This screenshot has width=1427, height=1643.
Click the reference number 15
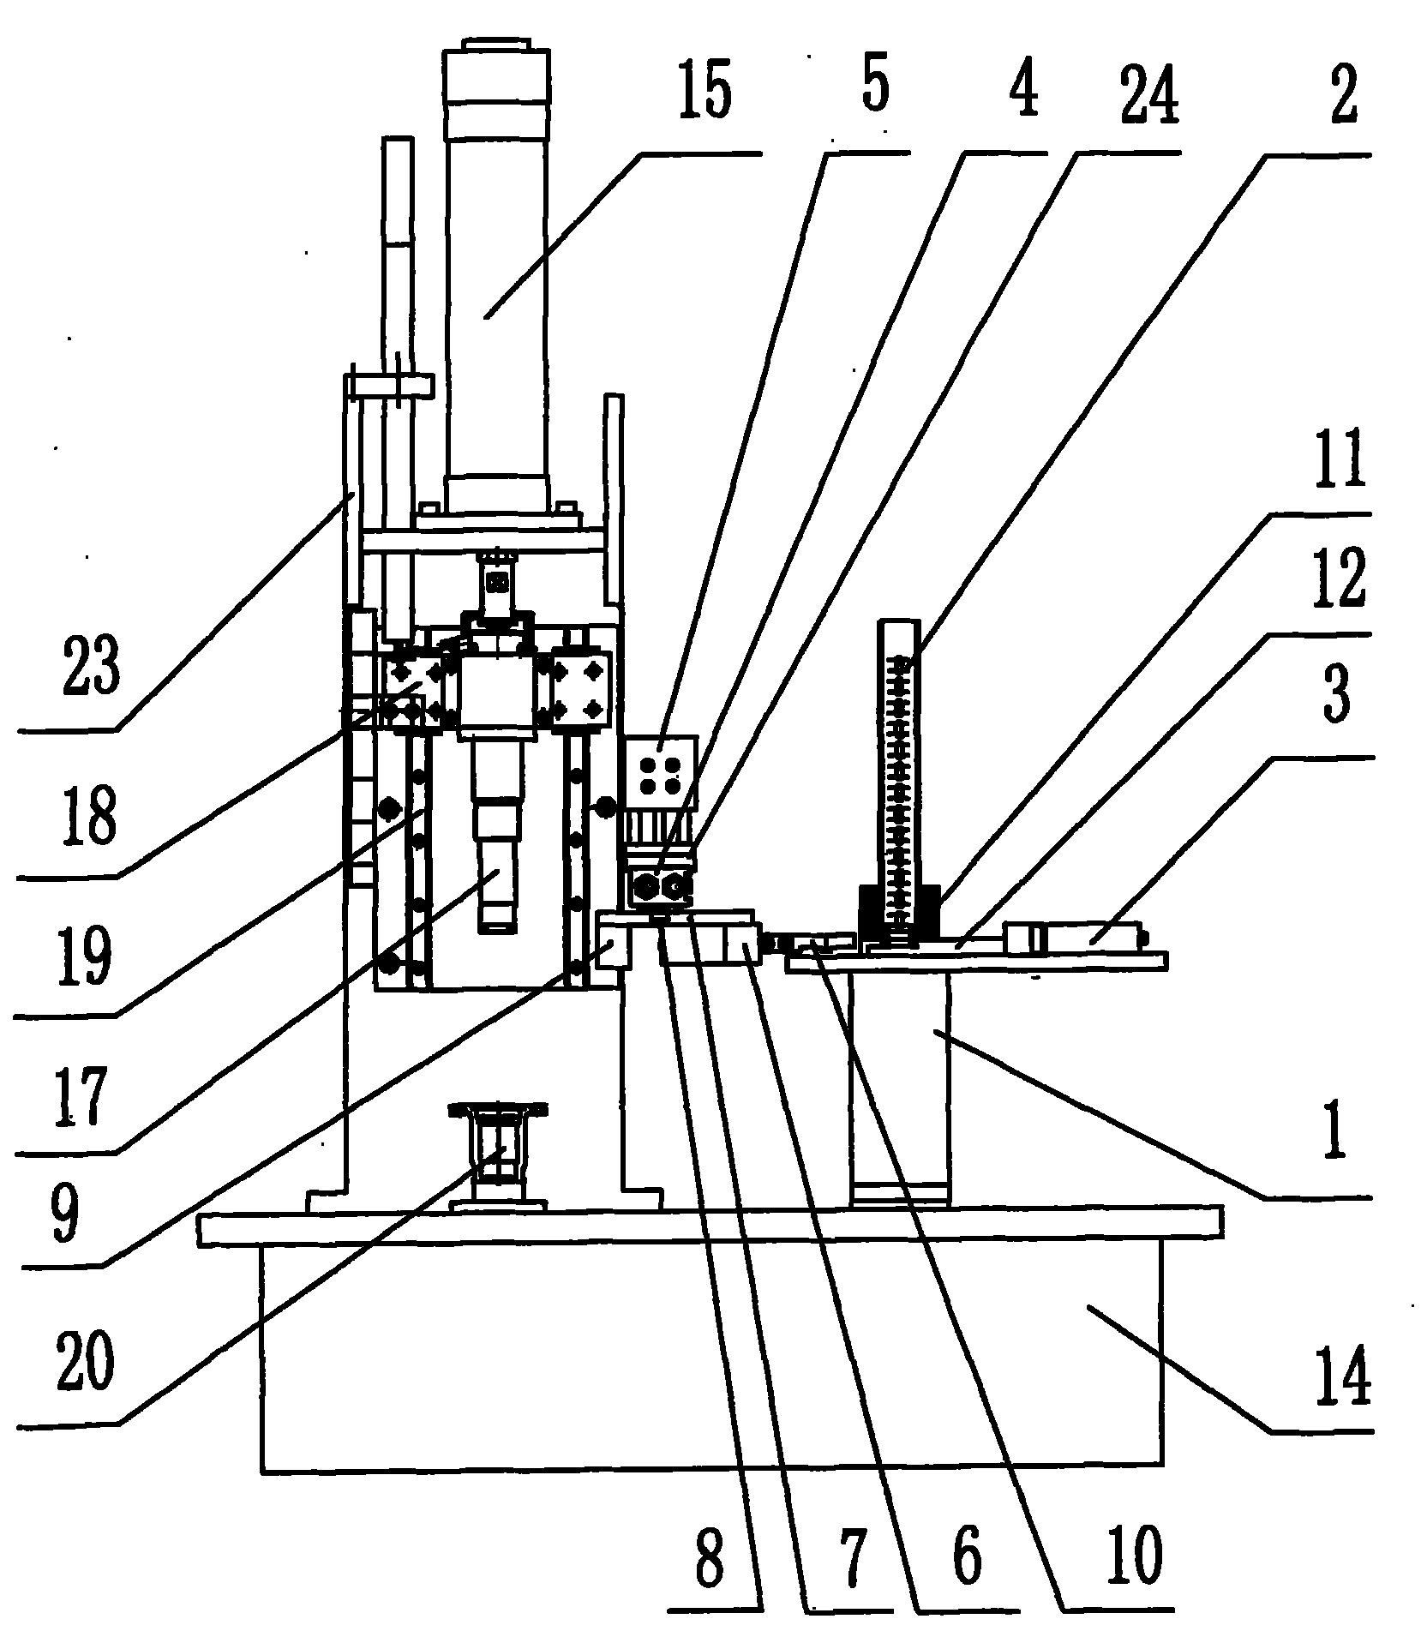click(705, 93)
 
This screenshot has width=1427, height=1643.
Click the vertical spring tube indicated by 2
click(899, 771)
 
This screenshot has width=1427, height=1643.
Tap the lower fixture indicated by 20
click(497, 1153)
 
